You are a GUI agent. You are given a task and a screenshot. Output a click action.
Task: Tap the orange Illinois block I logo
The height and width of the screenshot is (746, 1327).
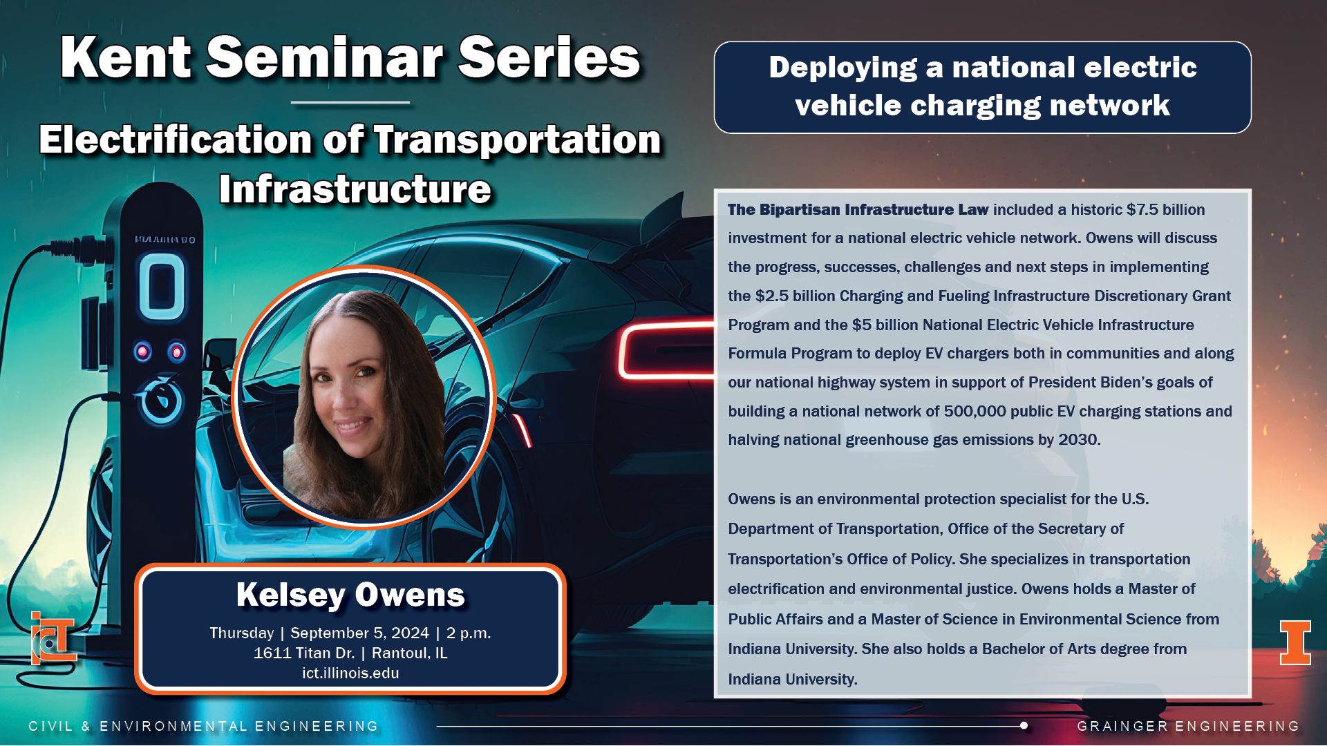(1295, 642)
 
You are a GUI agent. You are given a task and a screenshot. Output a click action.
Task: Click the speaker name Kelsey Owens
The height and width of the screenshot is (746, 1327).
(350, 595)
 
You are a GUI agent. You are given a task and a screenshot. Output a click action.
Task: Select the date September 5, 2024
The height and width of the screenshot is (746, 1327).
(359, 633)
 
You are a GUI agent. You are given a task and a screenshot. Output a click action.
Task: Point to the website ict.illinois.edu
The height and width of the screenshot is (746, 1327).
(350, 673)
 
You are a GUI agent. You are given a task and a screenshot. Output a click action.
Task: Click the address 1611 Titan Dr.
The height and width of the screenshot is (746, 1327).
(304, 653)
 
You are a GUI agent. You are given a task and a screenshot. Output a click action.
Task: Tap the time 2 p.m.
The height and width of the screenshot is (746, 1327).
(469, 633)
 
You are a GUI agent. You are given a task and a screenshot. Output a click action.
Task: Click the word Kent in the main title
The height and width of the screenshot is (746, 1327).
(125, 58)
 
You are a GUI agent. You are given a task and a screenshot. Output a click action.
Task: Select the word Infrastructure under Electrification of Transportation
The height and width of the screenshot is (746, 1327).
(355, 189)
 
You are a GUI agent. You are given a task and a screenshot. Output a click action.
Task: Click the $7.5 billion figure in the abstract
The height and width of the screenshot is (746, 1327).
(1166, 209)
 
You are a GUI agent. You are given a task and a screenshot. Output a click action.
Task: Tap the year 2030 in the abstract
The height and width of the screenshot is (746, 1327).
(1079, 439)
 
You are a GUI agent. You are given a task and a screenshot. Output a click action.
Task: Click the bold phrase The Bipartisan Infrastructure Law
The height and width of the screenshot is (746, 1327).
(858, 209)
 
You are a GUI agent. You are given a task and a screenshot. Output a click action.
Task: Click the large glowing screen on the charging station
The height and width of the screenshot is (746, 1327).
(162, 287)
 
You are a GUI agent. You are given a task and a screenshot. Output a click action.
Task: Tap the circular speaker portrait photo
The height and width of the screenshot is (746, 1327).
(364, 397)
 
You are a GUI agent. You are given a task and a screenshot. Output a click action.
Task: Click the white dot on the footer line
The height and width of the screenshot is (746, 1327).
(1024, 725)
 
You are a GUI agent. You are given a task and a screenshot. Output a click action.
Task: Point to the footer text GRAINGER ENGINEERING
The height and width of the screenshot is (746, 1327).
(1188, 726)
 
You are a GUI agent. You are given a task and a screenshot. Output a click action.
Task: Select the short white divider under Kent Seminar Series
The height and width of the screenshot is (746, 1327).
(350, 102)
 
